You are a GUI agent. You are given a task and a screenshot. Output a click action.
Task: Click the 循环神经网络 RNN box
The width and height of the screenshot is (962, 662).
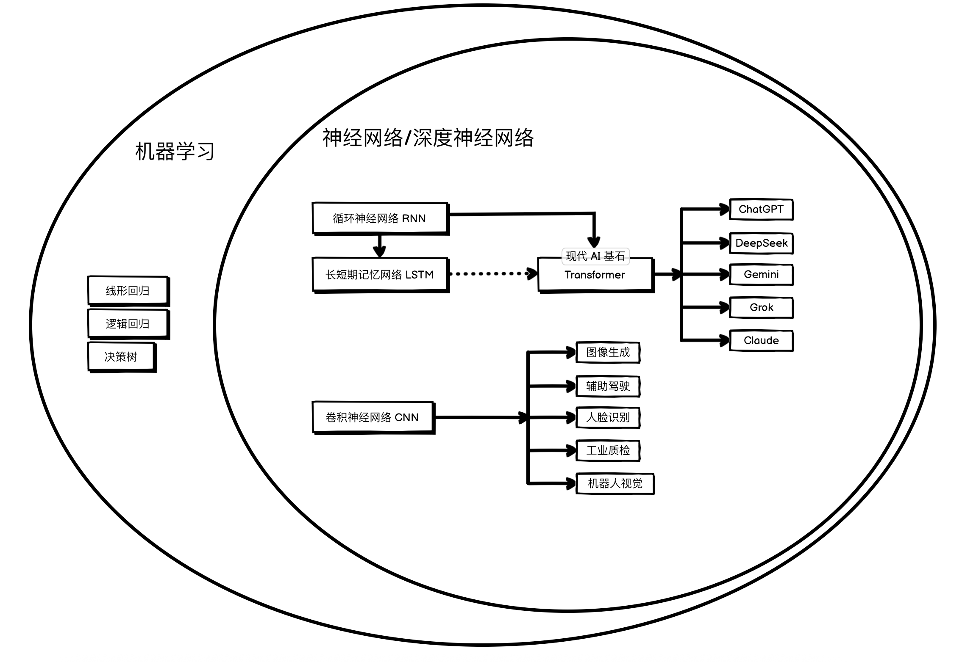coord(380,218)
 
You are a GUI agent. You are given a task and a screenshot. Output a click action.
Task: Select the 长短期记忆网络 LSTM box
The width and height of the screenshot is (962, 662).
coord(380,275)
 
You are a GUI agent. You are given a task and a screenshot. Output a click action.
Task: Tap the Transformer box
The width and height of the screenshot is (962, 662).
coord(595,275)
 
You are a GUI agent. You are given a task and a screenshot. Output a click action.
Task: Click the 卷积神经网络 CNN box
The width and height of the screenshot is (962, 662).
coord(373,417)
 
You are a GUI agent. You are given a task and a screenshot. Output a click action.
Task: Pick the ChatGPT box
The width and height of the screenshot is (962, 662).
coord(761,209)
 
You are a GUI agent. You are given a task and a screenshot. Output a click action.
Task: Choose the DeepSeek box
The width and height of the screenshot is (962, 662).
coord(761,243)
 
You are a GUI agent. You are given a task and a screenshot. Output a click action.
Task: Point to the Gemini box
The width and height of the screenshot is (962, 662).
coord(761,274)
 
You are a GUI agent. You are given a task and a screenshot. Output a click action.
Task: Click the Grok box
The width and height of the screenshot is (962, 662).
coord(761,307)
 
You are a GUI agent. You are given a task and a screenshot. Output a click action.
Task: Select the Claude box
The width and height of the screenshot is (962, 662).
coord(761,340)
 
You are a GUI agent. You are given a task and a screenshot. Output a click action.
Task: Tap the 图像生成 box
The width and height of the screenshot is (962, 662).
coord(608,352)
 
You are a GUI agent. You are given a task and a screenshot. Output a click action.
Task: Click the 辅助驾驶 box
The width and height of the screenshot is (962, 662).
coord(608,386)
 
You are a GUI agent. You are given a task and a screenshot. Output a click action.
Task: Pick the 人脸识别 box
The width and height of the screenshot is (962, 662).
coord(608,417)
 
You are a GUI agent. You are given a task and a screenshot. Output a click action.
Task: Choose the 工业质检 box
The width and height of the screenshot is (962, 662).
coord(608,450)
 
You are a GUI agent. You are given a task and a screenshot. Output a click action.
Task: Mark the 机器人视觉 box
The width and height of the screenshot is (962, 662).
coord(615,483)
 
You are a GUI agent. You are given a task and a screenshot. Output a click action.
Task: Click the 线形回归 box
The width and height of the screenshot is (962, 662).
coord(128,291)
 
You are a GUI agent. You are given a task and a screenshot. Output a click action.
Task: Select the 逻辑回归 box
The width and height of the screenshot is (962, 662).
coord(128,324)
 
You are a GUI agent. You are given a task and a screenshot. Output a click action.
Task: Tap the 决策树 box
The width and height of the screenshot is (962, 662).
coord(121,357)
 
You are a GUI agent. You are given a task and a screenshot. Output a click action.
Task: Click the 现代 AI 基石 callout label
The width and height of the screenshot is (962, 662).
coord(595,256)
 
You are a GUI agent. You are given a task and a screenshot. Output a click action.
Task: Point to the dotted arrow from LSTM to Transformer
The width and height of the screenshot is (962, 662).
coord(492,274)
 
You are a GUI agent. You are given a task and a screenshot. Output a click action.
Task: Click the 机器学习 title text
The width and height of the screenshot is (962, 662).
coord(175,151)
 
